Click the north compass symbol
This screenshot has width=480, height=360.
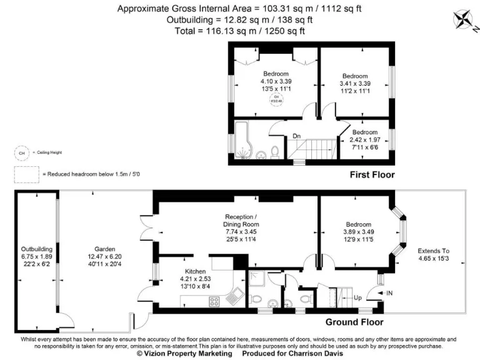[x=462, y=18]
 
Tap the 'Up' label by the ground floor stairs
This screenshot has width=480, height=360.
[x=357, y=297]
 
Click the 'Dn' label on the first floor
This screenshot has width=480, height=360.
[x=297, y=136]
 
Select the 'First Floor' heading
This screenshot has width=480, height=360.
[x=372, y=175]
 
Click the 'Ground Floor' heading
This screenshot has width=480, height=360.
[x=354, y=322]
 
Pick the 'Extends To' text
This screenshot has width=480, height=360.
[x=433, y=251]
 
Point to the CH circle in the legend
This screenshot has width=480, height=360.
[x=22, y=152]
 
